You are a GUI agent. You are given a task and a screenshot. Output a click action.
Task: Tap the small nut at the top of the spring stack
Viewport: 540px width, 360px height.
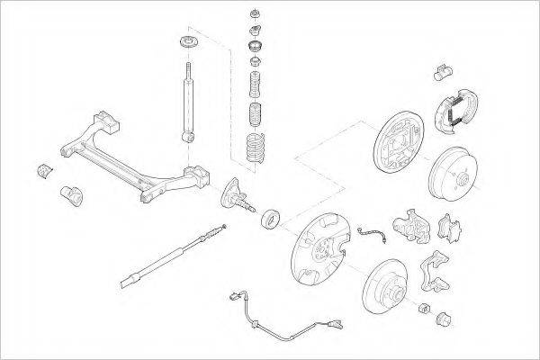point(254,14)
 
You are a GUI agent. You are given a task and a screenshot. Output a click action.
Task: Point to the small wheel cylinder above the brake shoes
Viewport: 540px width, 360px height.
point(441,70)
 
